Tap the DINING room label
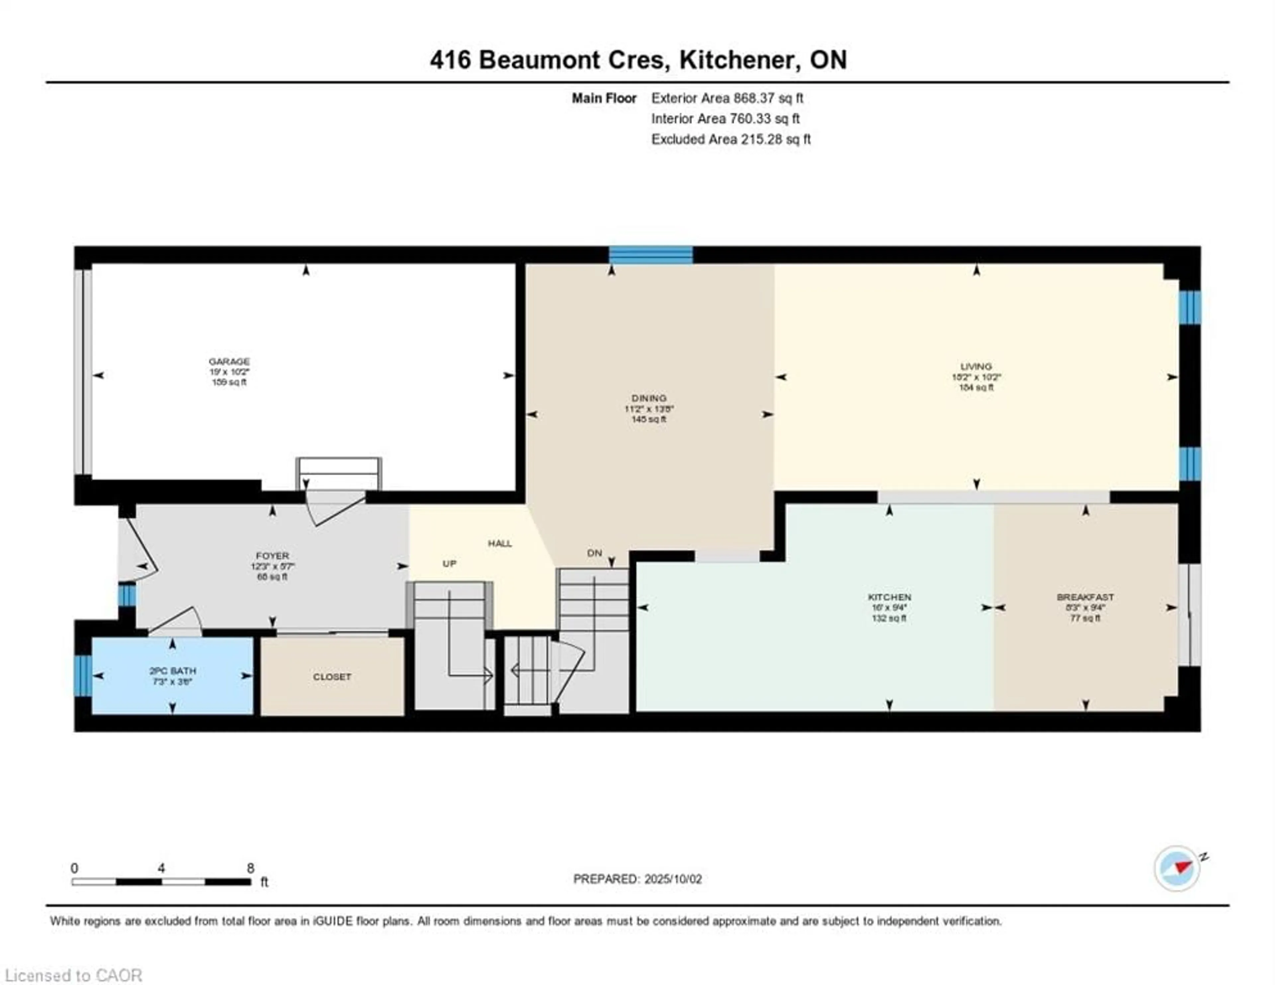[x=648, y=398]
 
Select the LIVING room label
[x=976, y=367]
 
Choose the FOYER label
[x=272, y=556]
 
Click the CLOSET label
[x=332, y=677]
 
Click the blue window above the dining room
[x=651, y=255]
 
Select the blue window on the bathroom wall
[x=83, y=676]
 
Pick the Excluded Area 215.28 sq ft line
[x=730, y=139]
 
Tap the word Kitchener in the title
[x=739, y=60]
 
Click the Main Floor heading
[x=604, y=98]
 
